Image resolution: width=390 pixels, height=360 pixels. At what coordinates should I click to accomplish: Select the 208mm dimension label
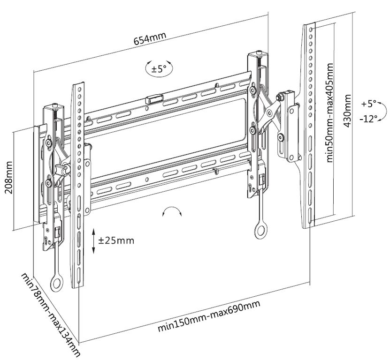[8, 178]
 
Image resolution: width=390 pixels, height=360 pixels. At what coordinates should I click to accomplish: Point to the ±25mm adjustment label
[116, 240]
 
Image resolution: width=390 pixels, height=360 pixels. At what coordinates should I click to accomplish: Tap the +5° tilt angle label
[369, 103]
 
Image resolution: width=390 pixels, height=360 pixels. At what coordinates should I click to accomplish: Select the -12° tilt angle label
[368, 119]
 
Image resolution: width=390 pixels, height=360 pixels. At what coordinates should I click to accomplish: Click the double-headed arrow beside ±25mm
[94, 241]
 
